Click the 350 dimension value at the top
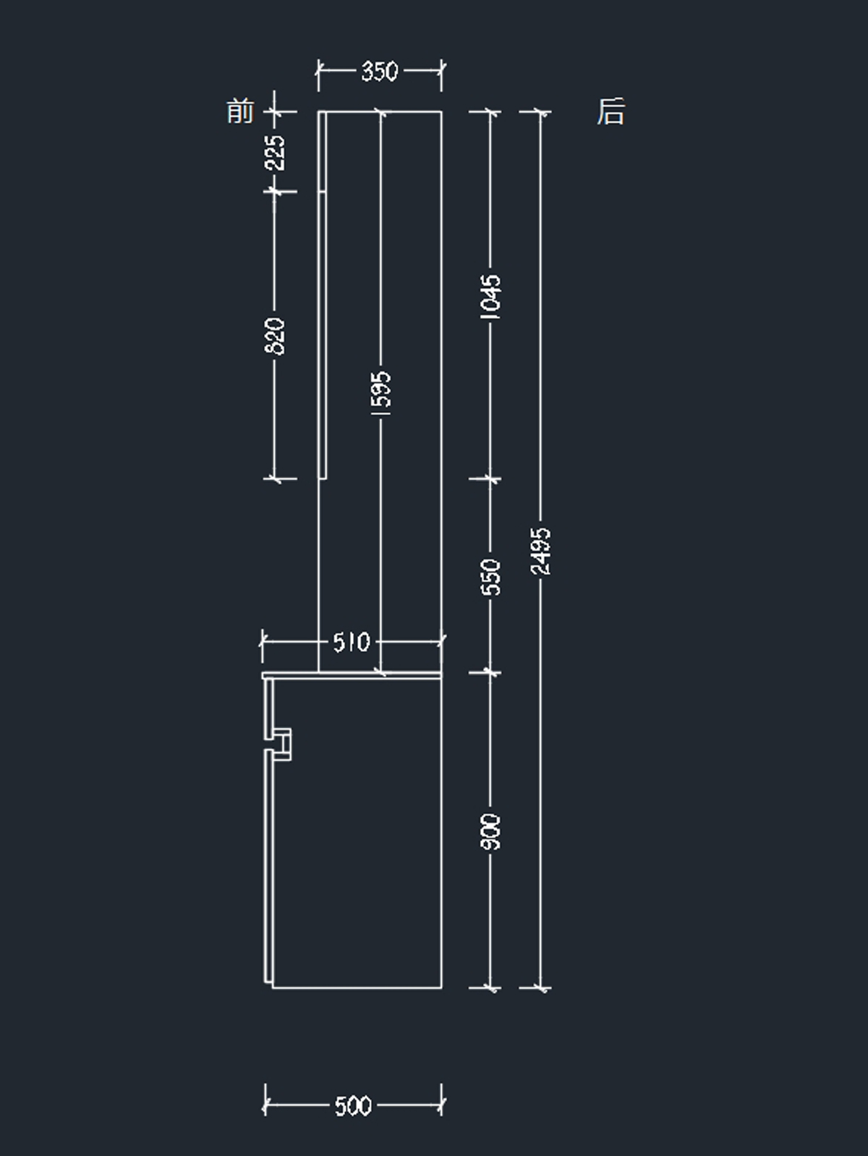(x=379, y=71)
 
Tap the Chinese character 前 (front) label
(x=240, y=112)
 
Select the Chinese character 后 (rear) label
(x=610, y=112)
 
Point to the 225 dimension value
(x=276, y=152)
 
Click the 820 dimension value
(x=276, y=335)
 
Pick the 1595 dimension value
(x=381, y=393)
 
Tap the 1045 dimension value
(x=491, y=295)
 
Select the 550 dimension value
(x=491, y=576)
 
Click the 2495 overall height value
(x=541, y=552)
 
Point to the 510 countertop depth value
(x=351, y=641)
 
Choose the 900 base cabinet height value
(x=491, y=832)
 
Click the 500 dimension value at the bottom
(x=353, y=1105)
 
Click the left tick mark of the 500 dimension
(x=265, y=1105)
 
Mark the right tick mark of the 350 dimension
(x=441, y=71)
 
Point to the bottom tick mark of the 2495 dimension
(x=540, y=987)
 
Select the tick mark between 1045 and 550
(x=491, y=478)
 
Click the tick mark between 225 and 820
(x=275, y=191)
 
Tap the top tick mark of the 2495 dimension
(x=540, y=112)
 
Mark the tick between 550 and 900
(x=491, y=672)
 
